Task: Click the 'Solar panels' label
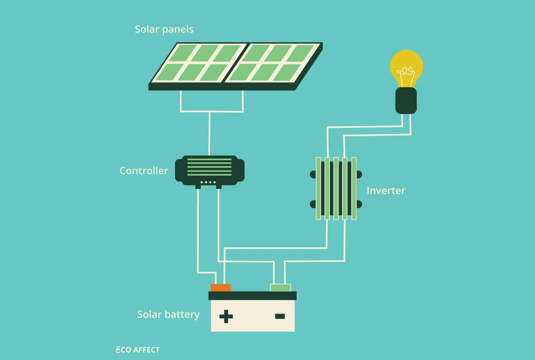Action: point(164,30)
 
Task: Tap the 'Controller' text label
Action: point(144,171)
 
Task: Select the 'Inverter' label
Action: point(386,191)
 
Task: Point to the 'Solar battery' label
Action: point(168,314)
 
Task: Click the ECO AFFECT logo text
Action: point(138,350)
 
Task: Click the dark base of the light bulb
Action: point(406,101)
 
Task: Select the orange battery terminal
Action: point(221,288)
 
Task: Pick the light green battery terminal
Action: point(280,288)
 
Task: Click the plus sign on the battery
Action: point(226,316)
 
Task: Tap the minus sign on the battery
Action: point(280,316)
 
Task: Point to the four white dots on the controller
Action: point(208,182)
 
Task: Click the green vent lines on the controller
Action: point(210,167)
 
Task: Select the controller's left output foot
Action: point(198,187)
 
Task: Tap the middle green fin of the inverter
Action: point(336,188)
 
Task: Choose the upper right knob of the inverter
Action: point(359,175)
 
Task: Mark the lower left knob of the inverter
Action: point(313,204)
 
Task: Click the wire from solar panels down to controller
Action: point(210,134)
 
